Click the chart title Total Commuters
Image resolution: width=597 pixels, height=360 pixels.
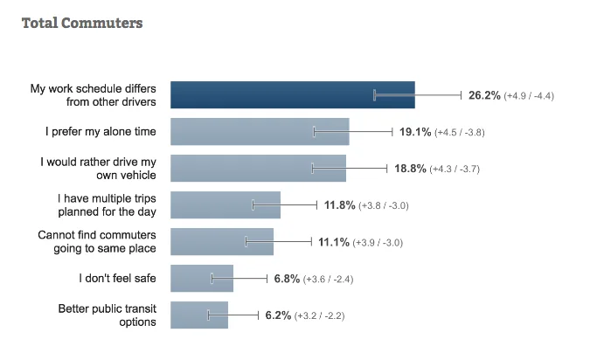81,24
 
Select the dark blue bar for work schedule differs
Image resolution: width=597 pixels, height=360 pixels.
292,94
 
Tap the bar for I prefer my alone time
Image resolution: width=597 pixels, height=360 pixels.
260,132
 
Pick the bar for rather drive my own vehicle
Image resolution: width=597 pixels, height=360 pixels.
258,168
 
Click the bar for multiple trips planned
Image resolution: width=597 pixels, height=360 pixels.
225,204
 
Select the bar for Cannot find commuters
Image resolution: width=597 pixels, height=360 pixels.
221,241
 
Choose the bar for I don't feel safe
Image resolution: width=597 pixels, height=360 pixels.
201,278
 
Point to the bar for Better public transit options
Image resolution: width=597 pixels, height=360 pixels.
198,315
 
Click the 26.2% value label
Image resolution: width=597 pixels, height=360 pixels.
484,95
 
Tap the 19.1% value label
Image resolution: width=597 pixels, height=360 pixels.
415,132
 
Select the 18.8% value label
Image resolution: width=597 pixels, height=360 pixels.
409,169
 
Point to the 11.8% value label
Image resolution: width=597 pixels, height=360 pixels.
340,205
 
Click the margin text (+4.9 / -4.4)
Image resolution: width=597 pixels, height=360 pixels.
530,95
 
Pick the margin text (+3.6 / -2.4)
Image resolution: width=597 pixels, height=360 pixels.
328,279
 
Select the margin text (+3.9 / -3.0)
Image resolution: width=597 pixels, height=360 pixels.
377,242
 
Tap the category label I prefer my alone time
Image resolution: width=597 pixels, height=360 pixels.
101,132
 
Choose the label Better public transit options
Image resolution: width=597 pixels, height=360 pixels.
108,315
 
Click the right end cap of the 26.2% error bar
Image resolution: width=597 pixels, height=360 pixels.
462,94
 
